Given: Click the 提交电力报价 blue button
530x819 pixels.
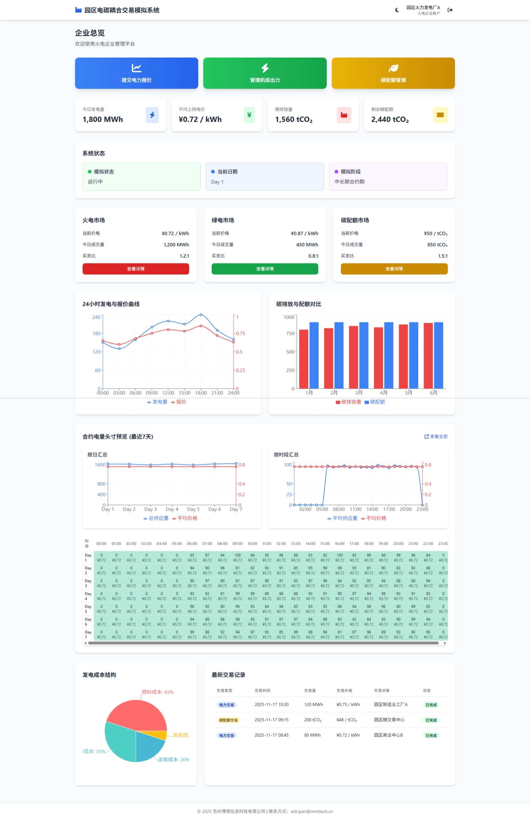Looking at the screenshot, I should click(136, 73).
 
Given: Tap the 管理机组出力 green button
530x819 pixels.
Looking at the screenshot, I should click(265, 73).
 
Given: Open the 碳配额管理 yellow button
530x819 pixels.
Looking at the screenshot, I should click(393, 73).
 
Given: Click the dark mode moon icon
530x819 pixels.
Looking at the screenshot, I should click(397, 10).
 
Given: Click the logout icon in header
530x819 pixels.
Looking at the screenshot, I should click(450, 10).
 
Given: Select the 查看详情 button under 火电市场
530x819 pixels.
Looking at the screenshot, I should click(135, 269).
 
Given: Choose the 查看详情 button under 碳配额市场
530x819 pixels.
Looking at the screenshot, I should click(394, 269).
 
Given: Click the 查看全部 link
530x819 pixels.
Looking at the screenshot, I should click(436, 436).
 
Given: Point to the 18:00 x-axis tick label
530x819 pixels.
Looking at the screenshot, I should click(201, 393).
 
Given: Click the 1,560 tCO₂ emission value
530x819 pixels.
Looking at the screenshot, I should click(294, 119).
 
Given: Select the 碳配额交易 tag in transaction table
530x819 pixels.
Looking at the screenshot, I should click(228, 720).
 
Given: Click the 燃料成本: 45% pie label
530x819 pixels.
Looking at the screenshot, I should click(157, 692).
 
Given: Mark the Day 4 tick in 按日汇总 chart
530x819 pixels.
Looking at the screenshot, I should click(172, 509).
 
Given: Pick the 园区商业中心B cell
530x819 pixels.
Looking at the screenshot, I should click(388, 735).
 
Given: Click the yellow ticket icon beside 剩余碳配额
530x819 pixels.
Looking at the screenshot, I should click(440, 115).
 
